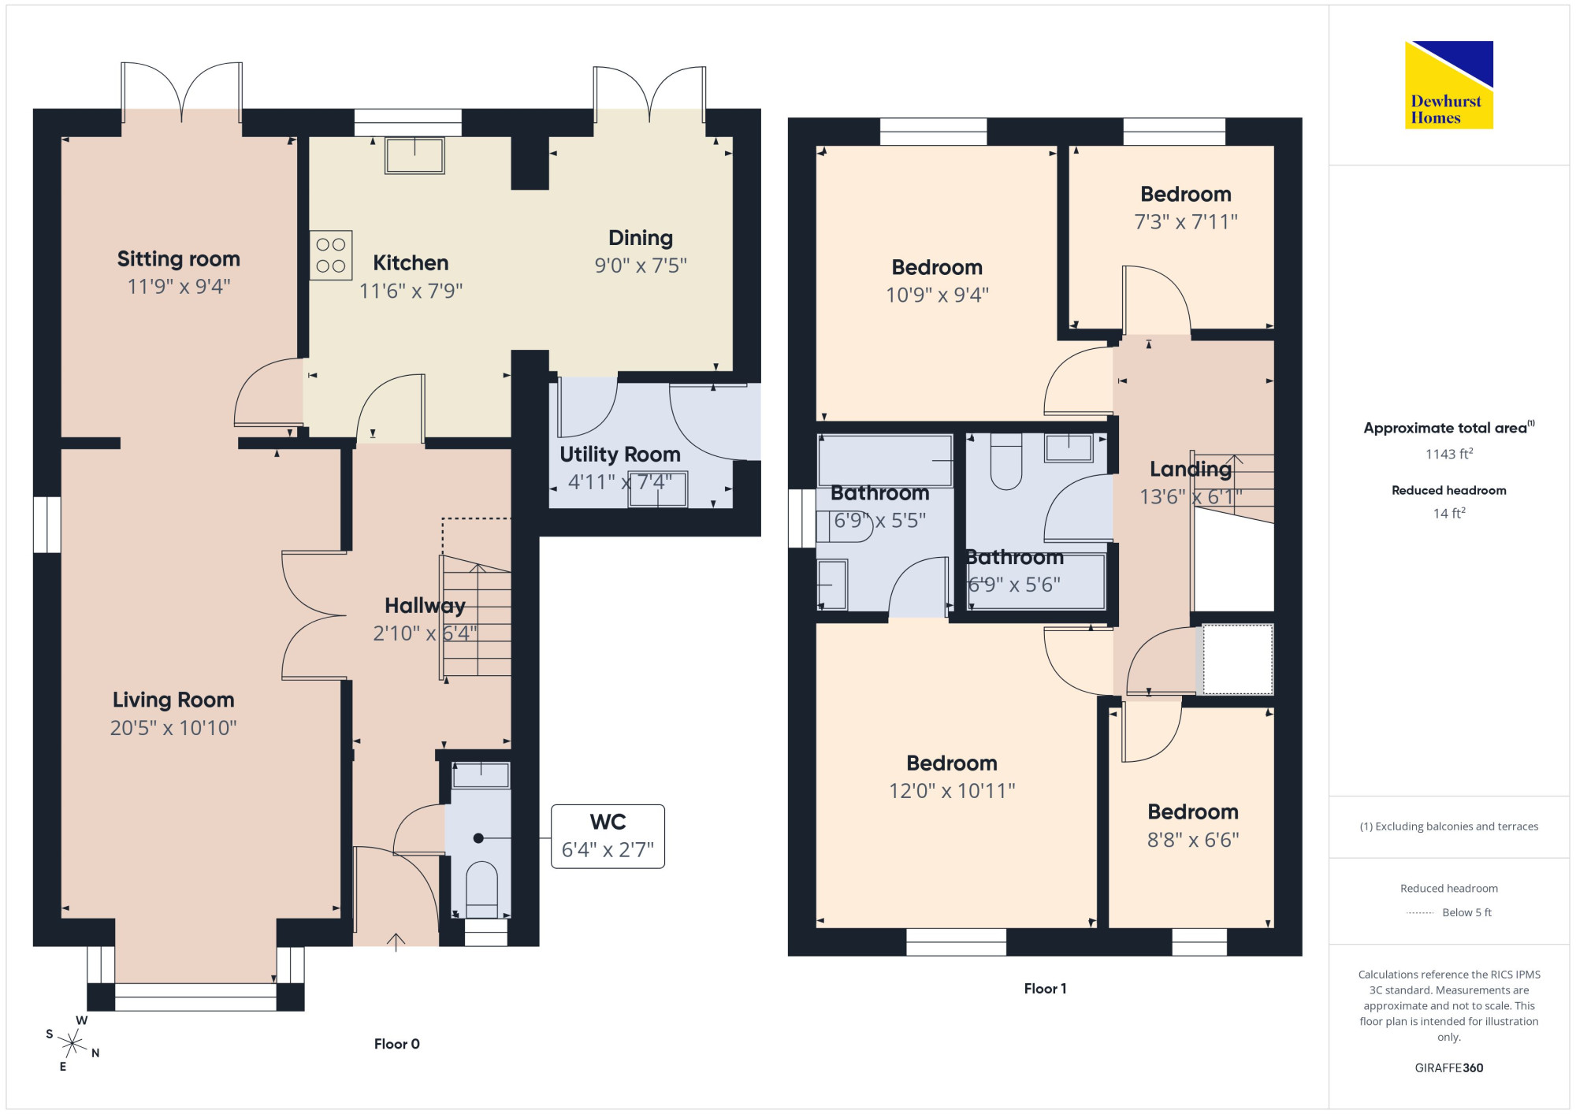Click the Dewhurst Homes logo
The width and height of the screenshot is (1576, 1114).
pos(1448,84)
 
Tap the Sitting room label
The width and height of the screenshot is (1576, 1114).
pos(179,259)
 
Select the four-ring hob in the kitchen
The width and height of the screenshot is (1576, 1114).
pos(331,255)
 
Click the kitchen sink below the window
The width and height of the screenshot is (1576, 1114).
pos(414,155)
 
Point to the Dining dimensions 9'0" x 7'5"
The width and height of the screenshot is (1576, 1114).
pos(641,266)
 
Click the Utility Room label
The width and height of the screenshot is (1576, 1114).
pos(620,455)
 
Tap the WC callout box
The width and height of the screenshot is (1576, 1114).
pos(608,837)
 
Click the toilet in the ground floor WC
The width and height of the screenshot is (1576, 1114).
pos(481,889)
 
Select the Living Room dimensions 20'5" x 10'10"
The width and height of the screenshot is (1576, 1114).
pos(173,728)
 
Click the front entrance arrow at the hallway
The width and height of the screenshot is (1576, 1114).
pos(396,942)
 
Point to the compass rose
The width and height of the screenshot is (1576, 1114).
pos(72,1044)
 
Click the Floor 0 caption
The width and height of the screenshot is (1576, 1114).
pos(397,1044)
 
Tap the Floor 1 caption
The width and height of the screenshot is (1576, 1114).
pos(1046,989)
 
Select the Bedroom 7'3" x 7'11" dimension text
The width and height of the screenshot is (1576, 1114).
pos(1186,222)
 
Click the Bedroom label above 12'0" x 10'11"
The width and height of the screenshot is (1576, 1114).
pos(952,763)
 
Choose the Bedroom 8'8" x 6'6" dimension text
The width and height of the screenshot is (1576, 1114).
pos(1193,840)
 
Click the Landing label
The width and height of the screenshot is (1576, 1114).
pos(1191,470)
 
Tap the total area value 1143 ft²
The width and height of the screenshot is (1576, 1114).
pos(1449,454)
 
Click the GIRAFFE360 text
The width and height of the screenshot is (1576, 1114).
pos(1449,1068)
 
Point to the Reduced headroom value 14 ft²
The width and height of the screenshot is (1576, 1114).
pos(1449,514)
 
